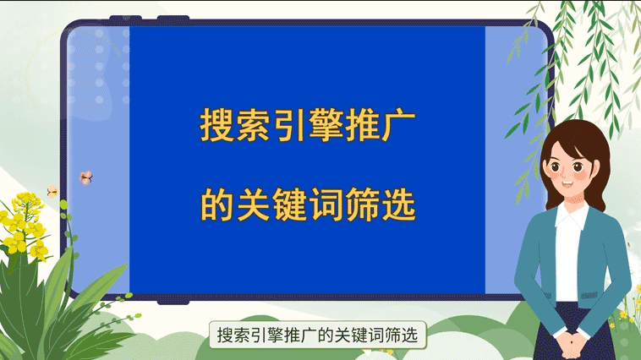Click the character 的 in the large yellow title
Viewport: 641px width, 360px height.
click(x=216, y=204)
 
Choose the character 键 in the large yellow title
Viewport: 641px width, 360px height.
click(x=288, y=204)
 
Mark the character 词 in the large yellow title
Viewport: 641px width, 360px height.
click(x=326, y=204)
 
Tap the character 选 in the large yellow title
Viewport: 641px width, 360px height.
click(x=398, y=204)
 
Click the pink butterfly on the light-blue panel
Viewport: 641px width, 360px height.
click(x=85, y=177)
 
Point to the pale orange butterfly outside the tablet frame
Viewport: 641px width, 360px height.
click(x=52, y=191)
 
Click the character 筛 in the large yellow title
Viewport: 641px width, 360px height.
click(x=362, y=204)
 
